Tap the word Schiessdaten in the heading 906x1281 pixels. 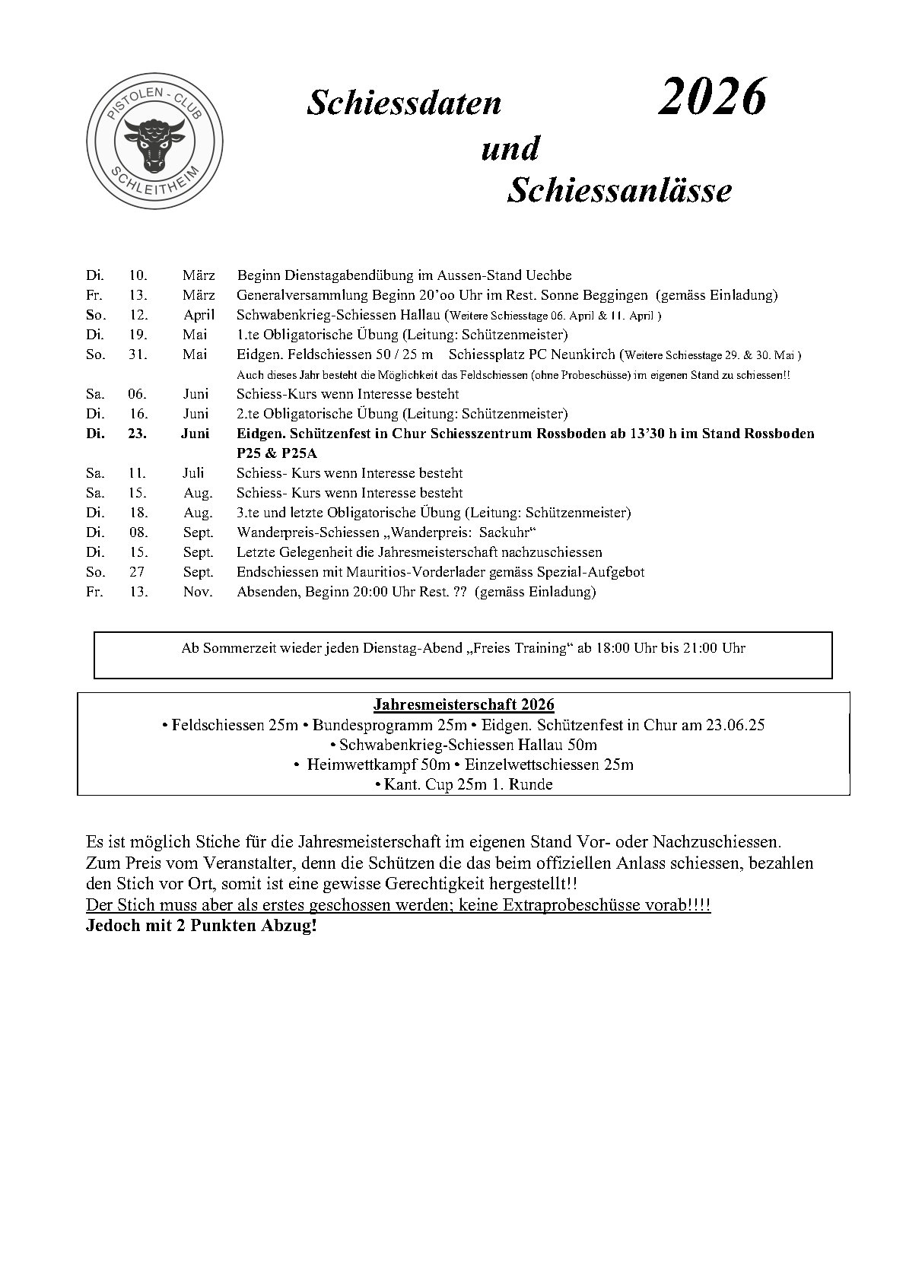click(x=404, y=104)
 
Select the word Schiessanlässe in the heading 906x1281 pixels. click(x=618, y=189)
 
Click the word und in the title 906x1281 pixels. click(x=510, y=148)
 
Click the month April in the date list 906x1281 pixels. click(x=199, y=315)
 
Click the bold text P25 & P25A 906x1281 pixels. click(x=277, y=453)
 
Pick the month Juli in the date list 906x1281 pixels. click(x=194, y=473)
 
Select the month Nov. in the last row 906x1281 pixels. click(x=198, y=592)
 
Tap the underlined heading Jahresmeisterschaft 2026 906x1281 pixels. click(x=463, y=704)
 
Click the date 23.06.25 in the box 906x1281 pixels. click(x=735, y=725)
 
